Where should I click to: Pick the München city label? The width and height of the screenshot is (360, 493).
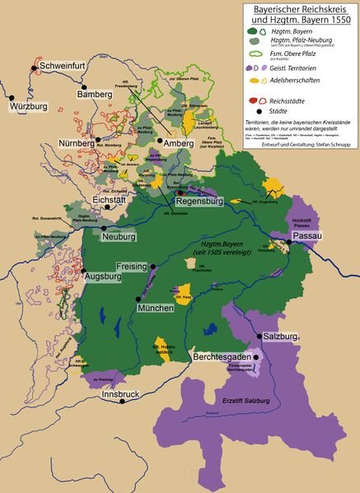pos(153,307)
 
